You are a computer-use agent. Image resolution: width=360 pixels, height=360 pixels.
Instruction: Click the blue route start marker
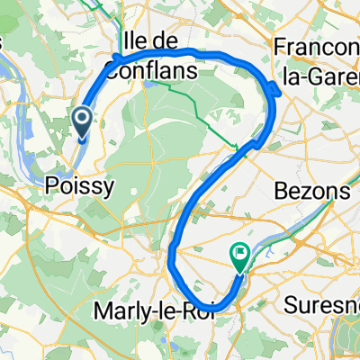[82, 121]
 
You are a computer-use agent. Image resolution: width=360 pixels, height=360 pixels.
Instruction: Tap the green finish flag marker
[240, 256]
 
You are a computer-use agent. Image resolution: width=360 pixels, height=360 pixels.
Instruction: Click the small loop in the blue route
[272, 88]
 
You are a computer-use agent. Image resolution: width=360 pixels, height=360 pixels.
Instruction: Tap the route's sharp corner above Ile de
[117, 59]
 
